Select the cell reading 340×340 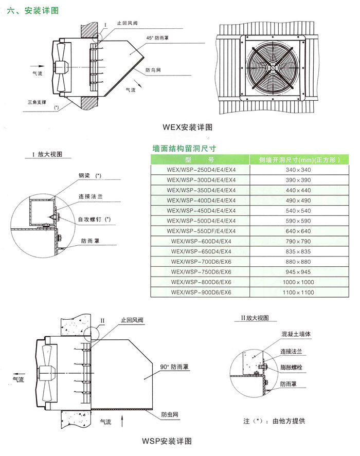point(298,169)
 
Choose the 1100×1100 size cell point(298,292)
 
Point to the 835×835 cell point(298,251)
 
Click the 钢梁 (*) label point(90,176)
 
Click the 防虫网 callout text point(169,414)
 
